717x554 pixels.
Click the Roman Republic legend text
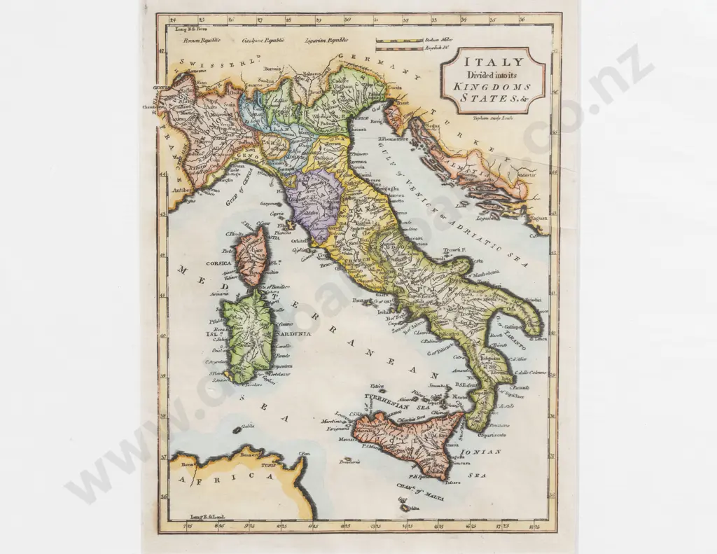point(202,41)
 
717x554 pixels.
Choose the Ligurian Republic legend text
point(326,41)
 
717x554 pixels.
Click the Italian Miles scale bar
point(398,40)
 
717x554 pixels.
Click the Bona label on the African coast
point(187,463)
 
